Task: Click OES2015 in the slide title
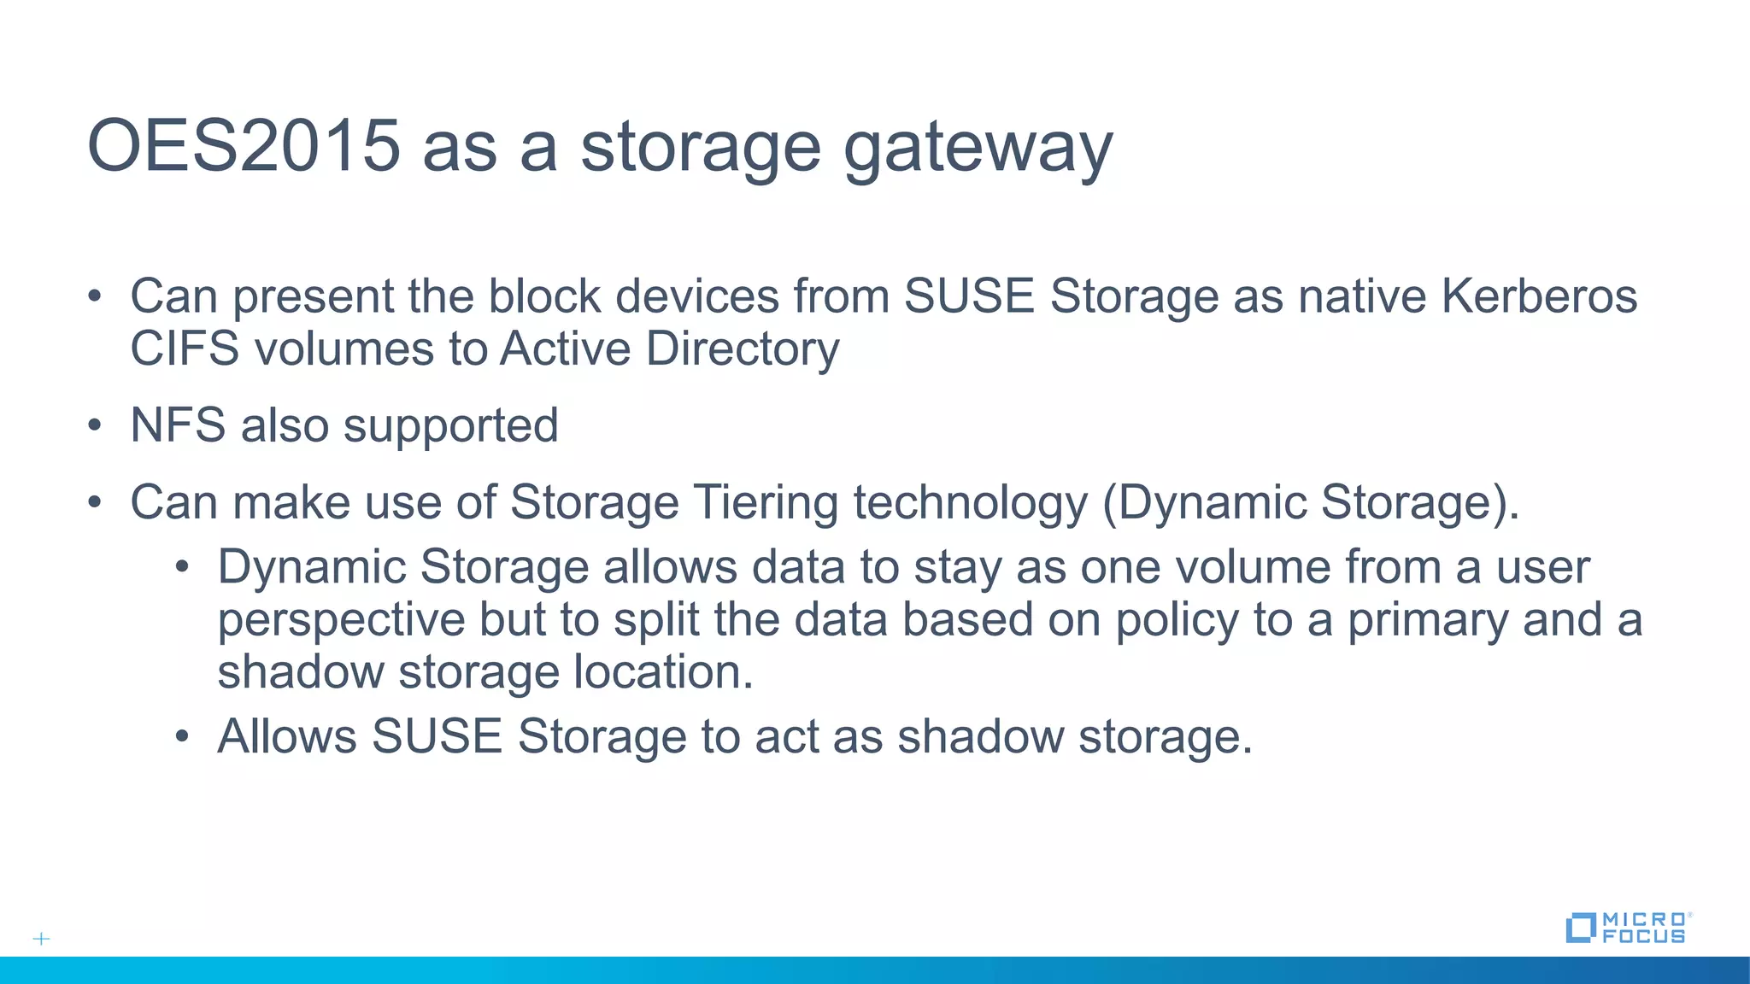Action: click(x=244, y=145)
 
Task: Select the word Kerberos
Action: click(x=1539, y=296)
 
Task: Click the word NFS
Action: click(x=178, y=425)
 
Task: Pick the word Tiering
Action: click(x=766, y=503)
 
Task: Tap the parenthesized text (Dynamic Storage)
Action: click(x=1311, y=503)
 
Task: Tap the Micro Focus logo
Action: click(x=1627, y=927)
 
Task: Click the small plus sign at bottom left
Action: click(x=41, y=939)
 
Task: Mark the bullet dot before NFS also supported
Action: click(x=95, y=425)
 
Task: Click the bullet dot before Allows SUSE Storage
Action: click(x=182, y=736)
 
